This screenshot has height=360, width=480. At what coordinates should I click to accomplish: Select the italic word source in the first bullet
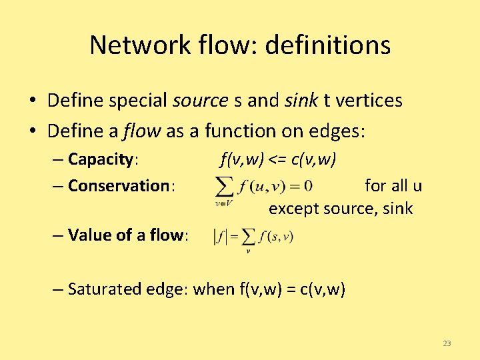click(x=200, y=101)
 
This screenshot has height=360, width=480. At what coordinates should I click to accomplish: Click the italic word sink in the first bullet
click(x=301, y=101)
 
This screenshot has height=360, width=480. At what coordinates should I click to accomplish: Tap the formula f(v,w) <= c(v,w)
click(x=278, y=160)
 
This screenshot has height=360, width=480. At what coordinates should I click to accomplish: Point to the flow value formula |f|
click(x=253, y=237)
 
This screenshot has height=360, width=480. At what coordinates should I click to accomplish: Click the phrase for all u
click(x=393, y=185)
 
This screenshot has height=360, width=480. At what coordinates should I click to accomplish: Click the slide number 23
click(x=447, y=343)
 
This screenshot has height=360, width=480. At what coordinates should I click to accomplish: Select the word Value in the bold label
click(x=88, y=235)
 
